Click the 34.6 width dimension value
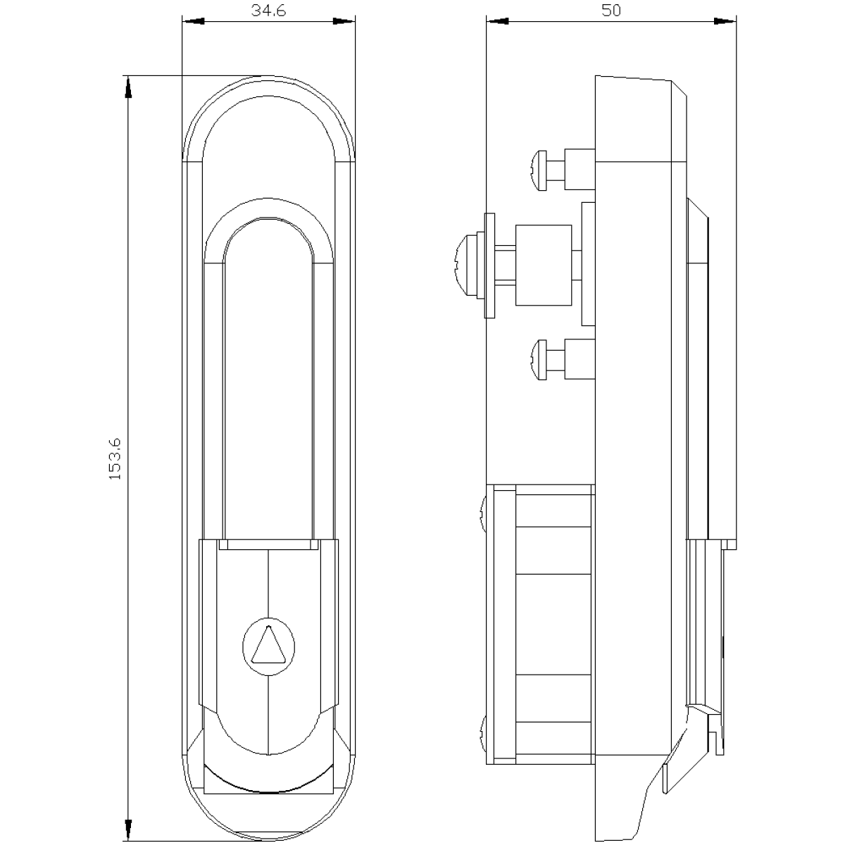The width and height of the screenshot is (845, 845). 268,11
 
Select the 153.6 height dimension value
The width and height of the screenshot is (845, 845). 115,459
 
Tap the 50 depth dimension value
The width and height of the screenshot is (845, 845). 611,11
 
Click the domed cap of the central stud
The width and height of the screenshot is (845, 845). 467,265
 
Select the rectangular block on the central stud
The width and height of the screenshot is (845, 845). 544,265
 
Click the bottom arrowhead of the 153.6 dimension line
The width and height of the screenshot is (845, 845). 128,828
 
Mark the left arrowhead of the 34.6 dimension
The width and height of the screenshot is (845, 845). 194,21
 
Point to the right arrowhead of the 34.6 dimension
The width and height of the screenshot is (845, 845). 344,21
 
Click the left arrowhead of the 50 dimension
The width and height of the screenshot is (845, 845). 497,21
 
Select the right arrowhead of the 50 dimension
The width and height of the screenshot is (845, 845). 725,21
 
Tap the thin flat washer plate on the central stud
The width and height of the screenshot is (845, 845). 489,265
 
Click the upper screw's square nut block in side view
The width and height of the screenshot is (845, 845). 580,170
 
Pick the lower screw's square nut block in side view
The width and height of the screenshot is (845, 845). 580,358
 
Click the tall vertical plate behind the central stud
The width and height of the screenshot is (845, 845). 589,264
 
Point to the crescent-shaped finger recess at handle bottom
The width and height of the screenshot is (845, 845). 268,788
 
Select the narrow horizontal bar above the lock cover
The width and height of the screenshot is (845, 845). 268,544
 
